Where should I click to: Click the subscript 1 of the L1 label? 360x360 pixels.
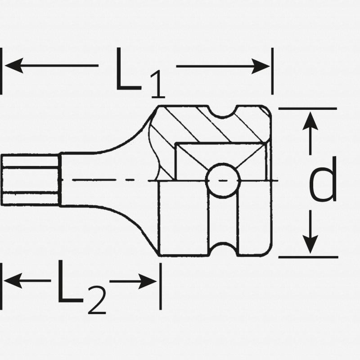156,85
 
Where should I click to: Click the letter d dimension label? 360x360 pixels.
323,180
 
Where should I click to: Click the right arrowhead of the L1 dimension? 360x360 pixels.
261,66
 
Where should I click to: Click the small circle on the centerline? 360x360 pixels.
221,180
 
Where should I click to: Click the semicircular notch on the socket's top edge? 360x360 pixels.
224,112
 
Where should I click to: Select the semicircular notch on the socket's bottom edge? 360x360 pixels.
224,250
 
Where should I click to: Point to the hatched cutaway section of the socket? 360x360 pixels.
202,126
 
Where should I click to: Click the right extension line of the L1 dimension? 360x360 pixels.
272,72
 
